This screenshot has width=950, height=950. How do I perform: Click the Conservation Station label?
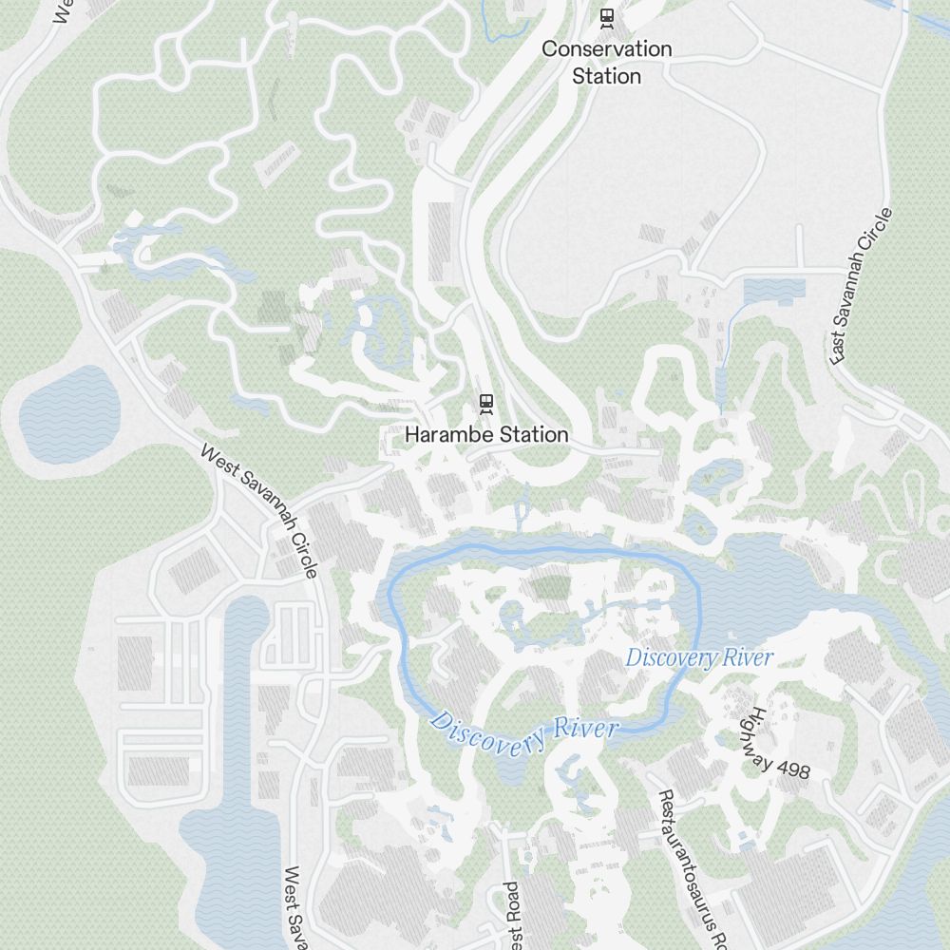pos(606,62)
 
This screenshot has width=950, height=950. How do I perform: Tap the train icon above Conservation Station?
pos(606,17)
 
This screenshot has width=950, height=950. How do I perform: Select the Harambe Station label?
pos(486,434)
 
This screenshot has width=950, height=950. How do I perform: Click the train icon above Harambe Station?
pos(486,404)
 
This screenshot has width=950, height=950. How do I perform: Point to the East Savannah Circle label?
pos(862,285)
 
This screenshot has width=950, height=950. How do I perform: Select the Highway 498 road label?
pos(778,744)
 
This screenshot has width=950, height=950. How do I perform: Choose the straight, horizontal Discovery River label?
pos(699,657)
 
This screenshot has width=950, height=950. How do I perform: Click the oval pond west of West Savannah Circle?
pos(65,413)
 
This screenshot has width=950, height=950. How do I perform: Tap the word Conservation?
pos(606,48)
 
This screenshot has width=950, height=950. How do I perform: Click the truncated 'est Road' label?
pos(511,917)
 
